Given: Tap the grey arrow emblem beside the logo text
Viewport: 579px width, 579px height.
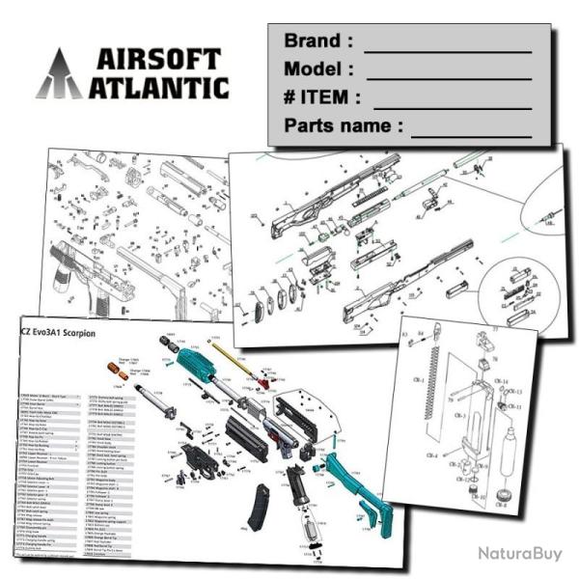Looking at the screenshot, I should click(x=60, y=74).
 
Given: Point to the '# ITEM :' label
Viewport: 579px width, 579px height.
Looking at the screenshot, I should click(x=322, y=97).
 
